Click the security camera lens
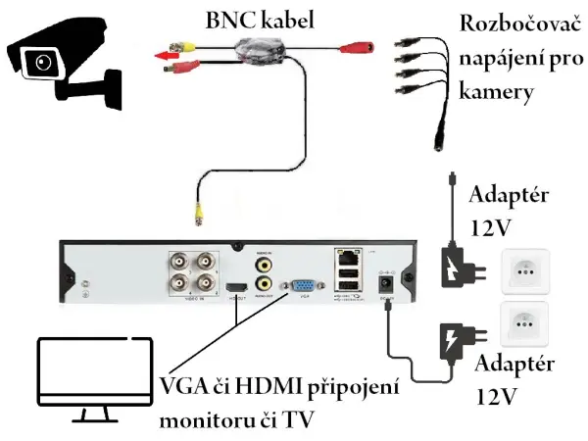click(x=41, y=63)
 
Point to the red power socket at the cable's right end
click(x=363, y=45)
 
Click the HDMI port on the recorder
click(x=235, y=288)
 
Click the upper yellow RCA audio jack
click(x=263, y=265)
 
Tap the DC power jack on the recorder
click(x=385, y=284)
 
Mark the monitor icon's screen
click(x=92, y=375)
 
